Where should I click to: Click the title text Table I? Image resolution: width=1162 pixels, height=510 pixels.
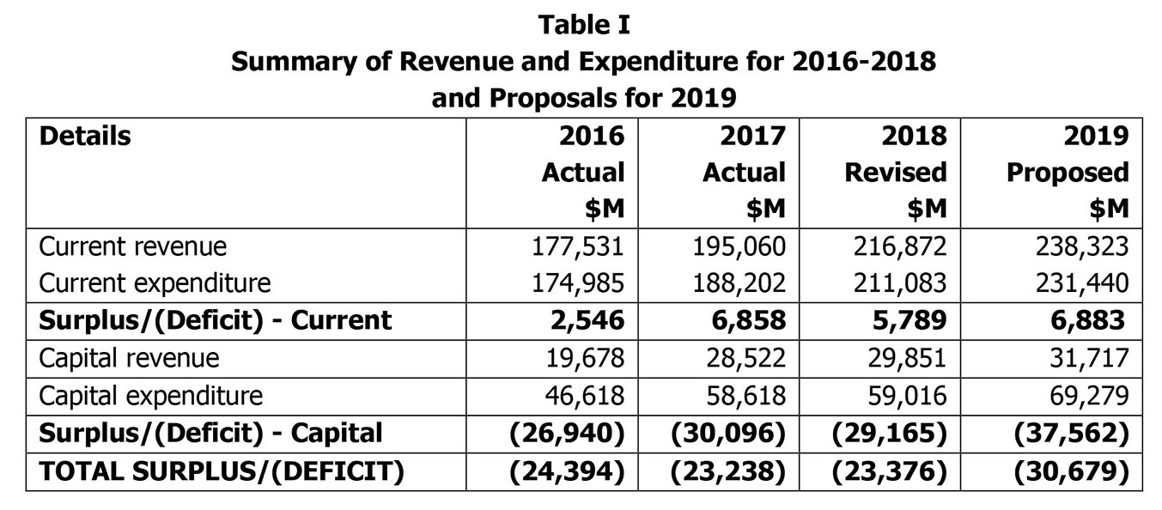click(x=584, y=25)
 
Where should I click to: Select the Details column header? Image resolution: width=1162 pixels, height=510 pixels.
click(x=85, y=136)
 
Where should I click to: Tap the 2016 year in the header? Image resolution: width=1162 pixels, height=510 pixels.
click(x=592, y=136)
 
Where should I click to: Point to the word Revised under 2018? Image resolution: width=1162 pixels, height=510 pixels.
click(x=896, y=173)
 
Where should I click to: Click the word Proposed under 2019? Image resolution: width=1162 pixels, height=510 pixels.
click(x=1068, y=173)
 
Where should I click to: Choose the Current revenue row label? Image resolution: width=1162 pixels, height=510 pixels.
click(x=133, y=246)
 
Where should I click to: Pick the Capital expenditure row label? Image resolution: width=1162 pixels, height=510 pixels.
click(x=151, y=396)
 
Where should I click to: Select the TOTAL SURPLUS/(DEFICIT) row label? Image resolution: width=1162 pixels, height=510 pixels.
click(x=222, y=471)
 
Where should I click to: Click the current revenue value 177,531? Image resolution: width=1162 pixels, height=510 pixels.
click(x=577, y=246)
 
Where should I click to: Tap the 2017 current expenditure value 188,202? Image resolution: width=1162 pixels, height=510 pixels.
click(x=739, y=283)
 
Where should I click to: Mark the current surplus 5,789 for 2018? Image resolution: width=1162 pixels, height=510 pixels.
click(x=910, y=320)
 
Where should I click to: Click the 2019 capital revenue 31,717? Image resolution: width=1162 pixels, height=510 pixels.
click(x=1089, y=358)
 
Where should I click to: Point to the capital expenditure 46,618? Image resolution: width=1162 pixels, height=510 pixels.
click(x=585, y=396)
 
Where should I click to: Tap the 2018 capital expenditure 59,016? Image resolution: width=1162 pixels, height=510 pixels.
click(x=907, y=396)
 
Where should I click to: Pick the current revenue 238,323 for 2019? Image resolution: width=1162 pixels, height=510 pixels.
click(x=1082, y=246)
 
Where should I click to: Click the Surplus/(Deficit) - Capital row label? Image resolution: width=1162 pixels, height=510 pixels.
click(x=210, y=434)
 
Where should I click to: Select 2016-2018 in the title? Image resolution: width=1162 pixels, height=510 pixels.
click(x=864, y=62)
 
